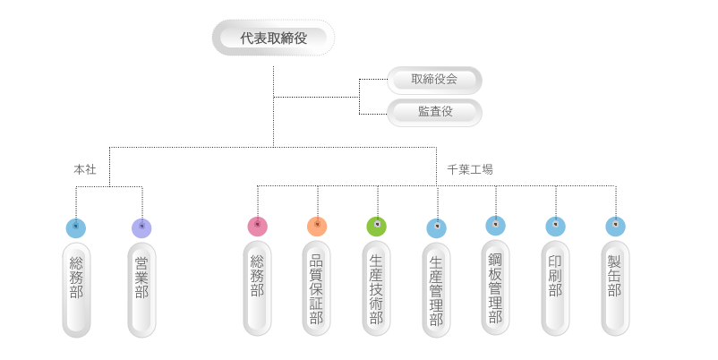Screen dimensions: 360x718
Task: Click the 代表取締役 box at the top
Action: coord(273,39)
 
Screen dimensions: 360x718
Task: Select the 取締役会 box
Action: coord(434,80)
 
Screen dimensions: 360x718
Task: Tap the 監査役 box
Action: coord(434,112)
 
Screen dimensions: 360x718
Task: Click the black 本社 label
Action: coord(84,169)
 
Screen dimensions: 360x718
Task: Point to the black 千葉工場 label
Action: coord(470,169)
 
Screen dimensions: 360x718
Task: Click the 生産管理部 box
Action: coord(437,290)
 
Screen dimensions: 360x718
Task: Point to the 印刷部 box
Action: coord(555,287)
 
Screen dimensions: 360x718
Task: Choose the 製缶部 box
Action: coord(615,287)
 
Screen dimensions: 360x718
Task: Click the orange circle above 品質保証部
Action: coord(317,226)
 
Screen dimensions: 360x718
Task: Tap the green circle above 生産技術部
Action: coord(377,226)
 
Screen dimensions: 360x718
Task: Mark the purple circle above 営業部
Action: coord(141,227)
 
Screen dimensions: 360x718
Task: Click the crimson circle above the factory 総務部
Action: coord(258,226)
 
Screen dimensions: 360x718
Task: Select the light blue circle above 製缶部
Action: coord(615,226)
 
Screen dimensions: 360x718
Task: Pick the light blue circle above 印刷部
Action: coord(555,226)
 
